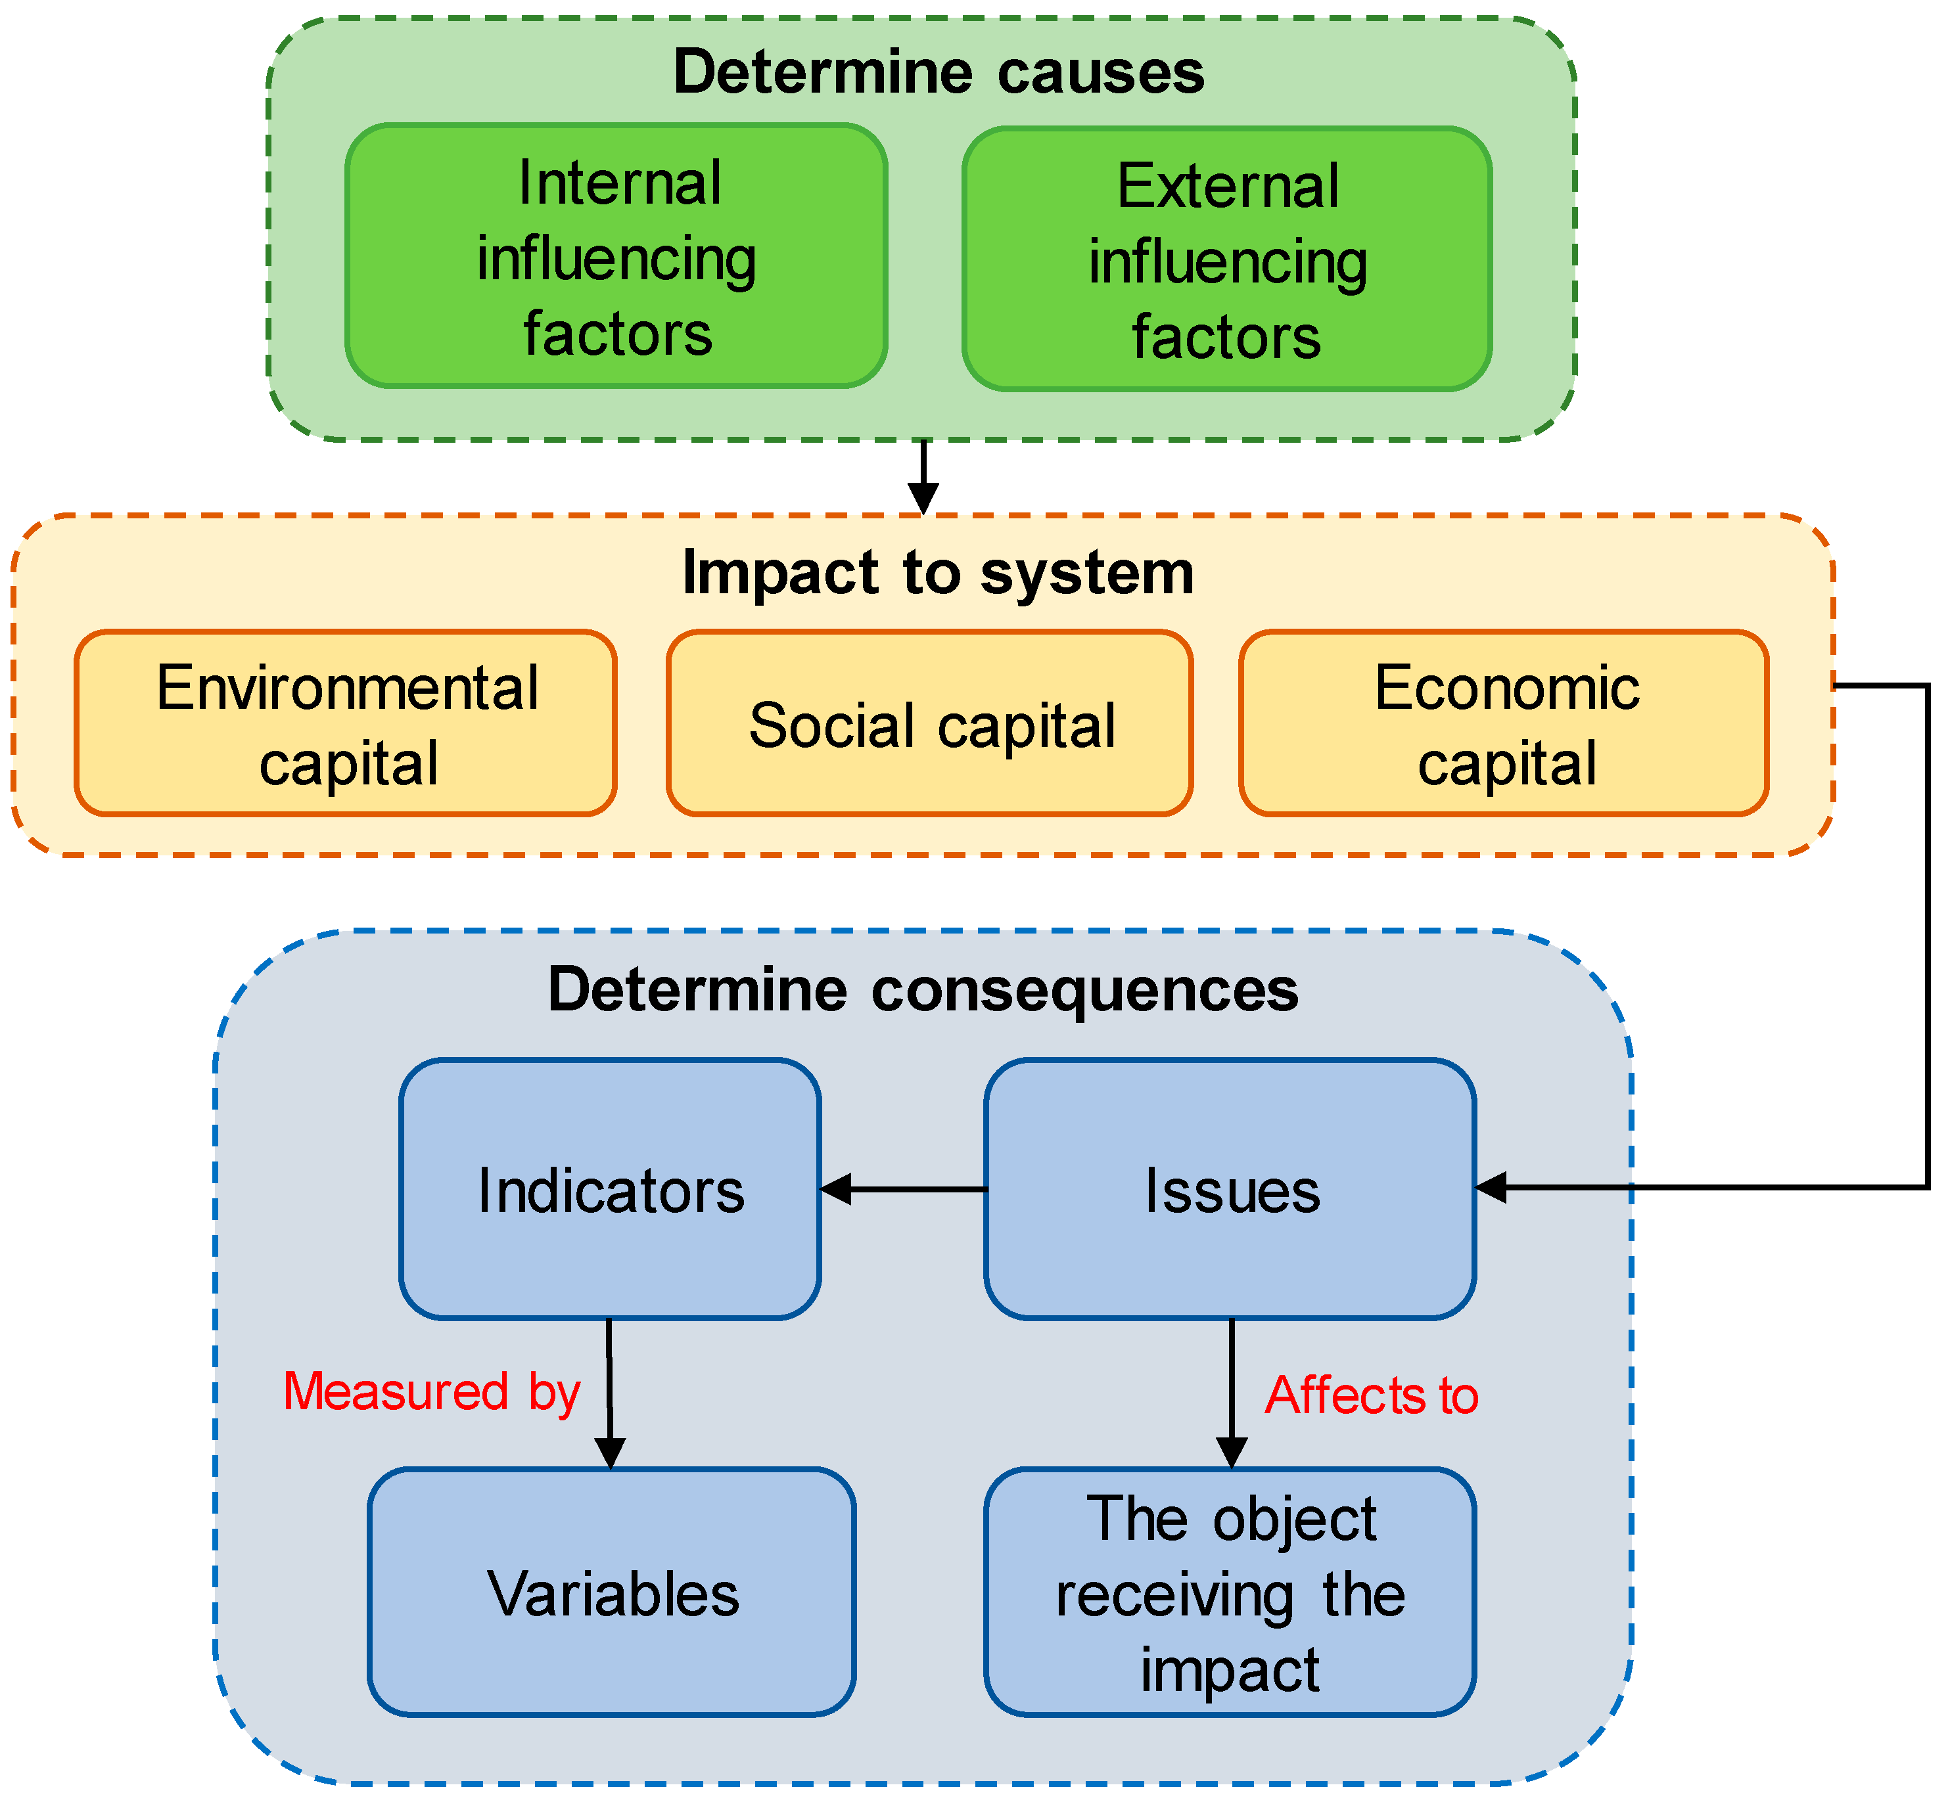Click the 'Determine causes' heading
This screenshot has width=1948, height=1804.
tap(939, 72)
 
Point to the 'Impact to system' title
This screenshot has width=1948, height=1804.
tap(937, 572)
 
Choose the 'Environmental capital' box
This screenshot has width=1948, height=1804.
tap(346, 723)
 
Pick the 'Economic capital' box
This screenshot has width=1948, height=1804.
tap(1504, 723)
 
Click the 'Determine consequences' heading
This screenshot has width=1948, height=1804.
tap(923, 990)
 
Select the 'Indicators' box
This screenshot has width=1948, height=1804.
tap(611, 1190)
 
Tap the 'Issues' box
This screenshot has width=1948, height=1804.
tap(1230, 1190)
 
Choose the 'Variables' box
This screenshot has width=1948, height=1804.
tap(613, 1595)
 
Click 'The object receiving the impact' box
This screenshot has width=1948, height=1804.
tap(1230, 1595)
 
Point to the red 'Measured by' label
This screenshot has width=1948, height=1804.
tap(432, 1392)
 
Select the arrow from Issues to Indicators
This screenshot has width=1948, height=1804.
tap(903, 1189)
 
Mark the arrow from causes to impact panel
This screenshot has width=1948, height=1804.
tap(923, 478)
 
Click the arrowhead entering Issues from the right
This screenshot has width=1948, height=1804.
tap(1492, 1188)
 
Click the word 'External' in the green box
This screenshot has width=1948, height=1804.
tap(1228, 187)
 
